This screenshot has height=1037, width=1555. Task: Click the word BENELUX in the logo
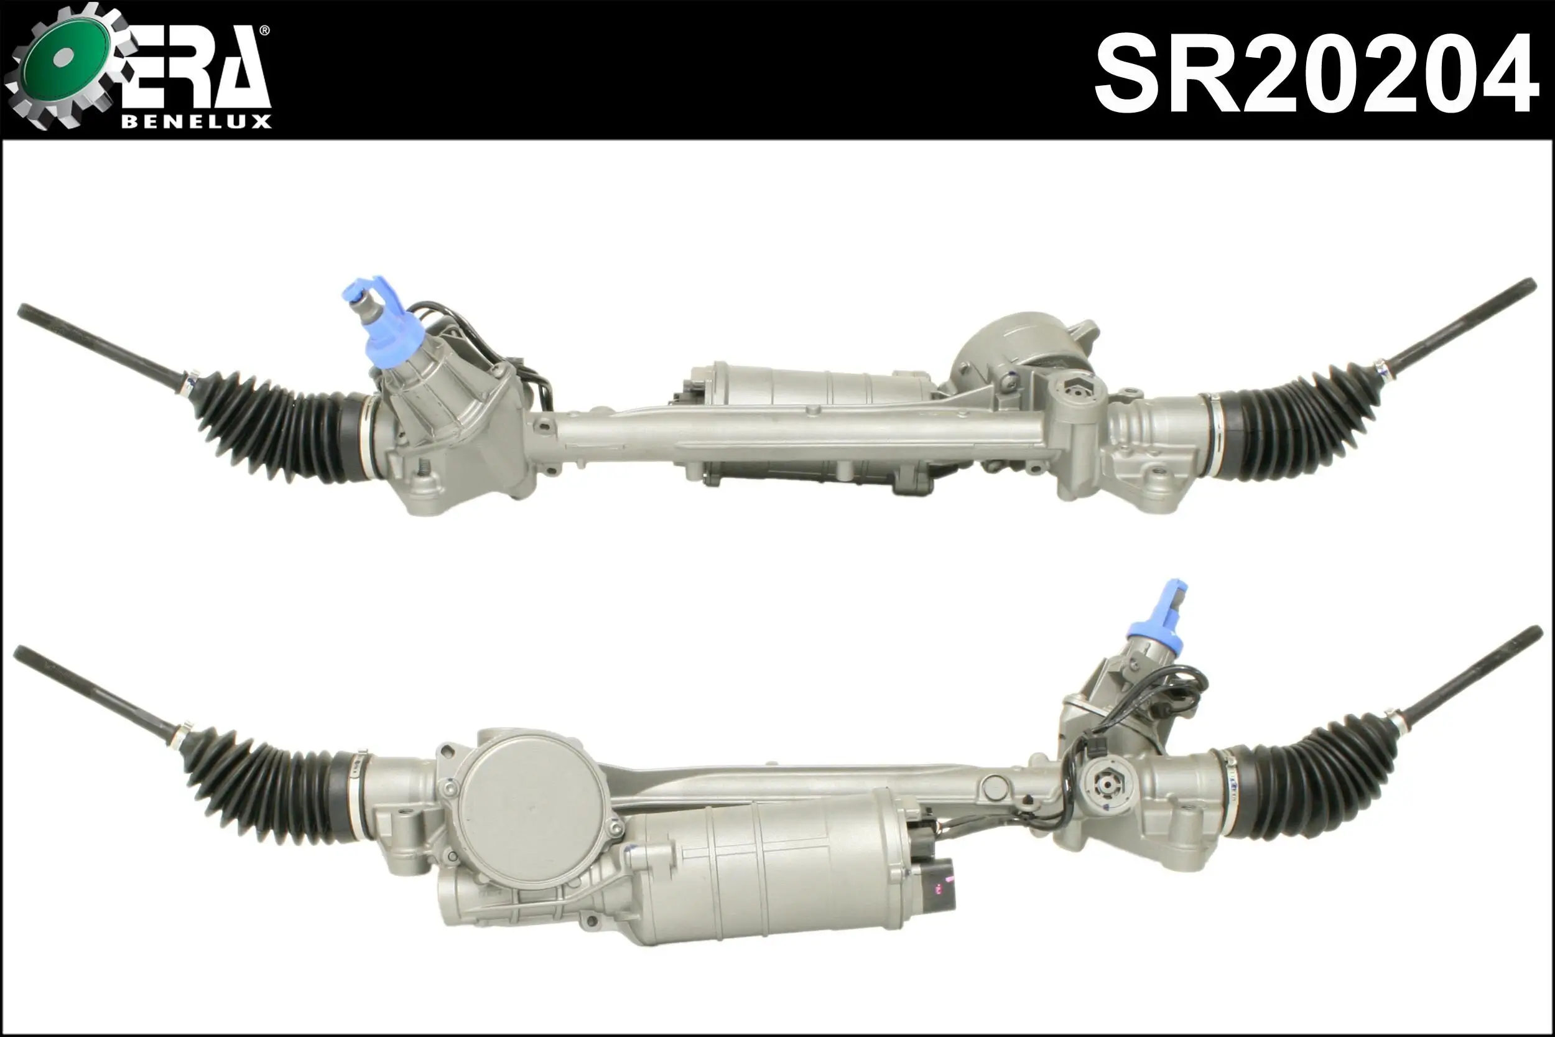pos(196,122)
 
